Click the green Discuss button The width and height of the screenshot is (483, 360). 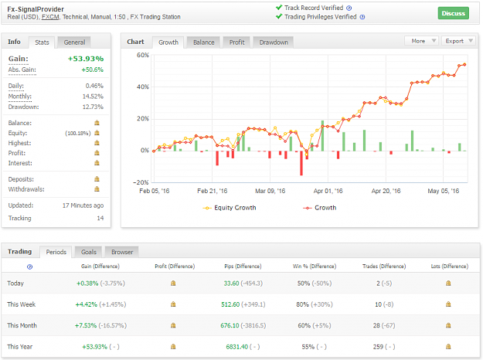[453, 13]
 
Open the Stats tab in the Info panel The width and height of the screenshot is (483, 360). [42, 42]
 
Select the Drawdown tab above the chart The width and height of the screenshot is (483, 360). [274, 42]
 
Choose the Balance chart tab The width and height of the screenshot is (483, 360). [203, 42]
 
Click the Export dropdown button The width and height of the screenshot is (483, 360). [459, 41]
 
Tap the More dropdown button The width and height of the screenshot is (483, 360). [422, 41]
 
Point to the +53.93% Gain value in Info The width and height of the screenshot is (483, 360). [86, 59]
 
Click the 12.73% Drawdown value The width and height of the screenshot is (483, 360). [93, 107]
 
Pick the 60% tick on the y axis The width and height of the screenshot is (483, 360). [143, 55]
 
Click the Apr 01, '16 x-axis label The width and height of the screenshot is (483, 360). [328, 191]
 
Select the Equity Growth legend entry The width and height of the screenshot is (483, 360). [230, 208]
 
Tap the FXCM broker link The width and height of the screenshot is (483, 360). [50, 17]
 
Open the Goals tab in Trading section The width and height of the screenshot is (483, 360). [89, 252]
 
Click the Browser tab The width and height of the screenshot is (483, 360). [122, 252]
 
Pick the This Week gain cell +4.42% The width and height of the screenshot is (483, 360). [87, 304]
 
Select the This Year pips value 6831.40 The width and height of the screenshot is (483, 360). [237, 347]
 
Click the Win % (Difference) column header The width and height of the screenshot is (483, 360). [315, 266]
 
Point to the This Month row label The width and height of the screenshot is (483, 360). [22, 325]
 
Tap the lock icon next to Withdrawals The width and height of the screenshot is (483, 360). [97, 188]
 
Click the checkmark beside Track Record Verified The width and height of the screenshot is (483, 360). [279, 8]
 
